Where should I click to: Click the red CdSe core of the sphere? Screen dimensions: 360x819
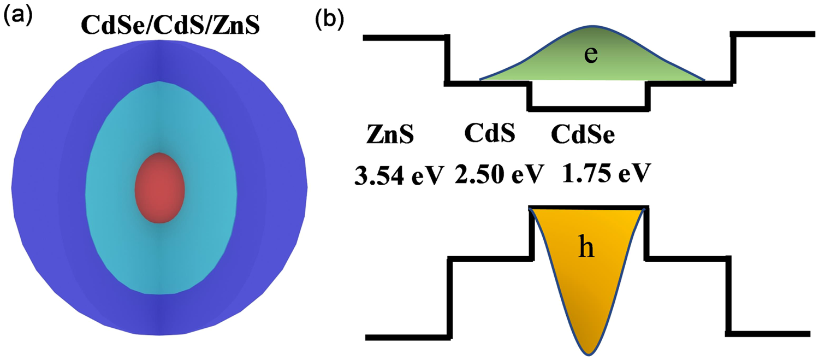pos(160,188)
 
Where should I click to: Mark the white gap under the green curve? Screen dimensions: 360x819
pos(588,93)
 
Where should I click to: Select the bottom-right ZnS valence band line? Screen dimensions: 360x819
pos(770,333)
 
